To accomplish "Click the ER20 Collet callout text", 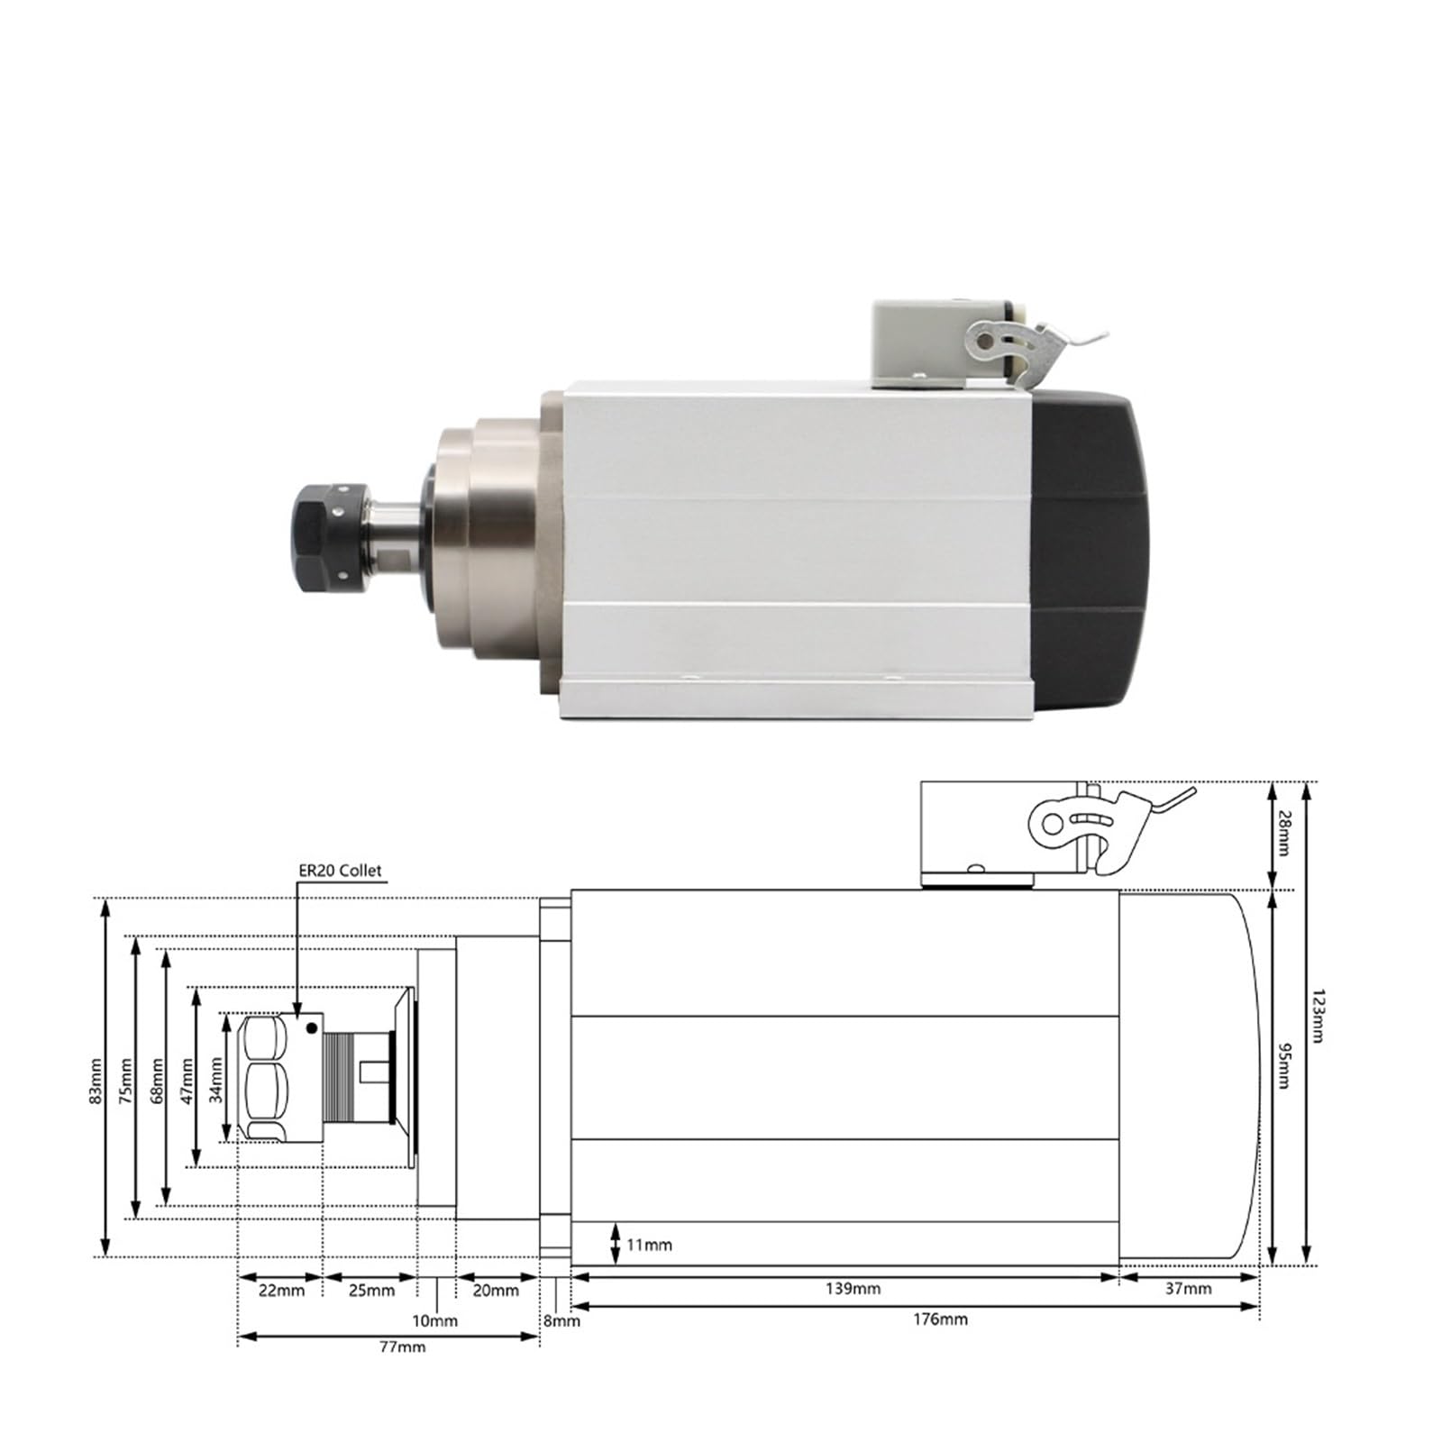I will (x=340, y=871).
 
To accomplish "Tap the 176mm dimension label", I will (x=940, y=1319).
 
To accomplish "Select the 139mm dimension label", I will (x=853, y=1289).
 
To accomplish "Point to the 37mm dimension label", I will (x=1188, y=1289).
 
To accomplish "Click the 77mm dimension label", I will (x=403, y=1346).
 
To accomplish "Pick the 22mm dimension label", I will (x=281, y=1291).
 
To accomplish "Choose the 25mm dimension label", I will (x=371, y=1291).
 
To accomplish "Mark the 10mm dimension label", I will (x=435, y=1321).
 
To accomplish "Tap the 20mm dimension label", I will (x=496, y=1291).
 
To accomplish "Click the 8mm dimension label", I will (x=561, y=1321).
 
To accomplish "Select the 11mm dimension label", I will (x=649, y=1246).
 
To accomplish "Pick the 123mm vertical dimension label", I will (x=1319, y=1016).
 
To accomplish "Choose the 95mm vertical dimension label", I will (x=1285, y=1064).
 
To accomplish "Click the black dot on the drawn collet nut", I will (x=312, y=1028).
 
